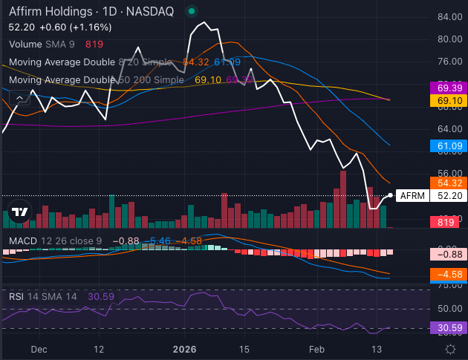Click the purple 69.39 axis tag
pos(450,88)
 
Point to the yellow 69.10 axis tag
pos(450,100)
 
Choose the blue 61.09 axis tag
pos(450,147)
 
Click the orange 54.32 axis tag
pos(450,183)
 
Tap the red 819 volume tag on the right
pos(446,222)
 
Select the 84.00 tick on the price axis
pos(450,16)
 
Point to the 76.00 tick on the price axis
pos(450,62)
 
